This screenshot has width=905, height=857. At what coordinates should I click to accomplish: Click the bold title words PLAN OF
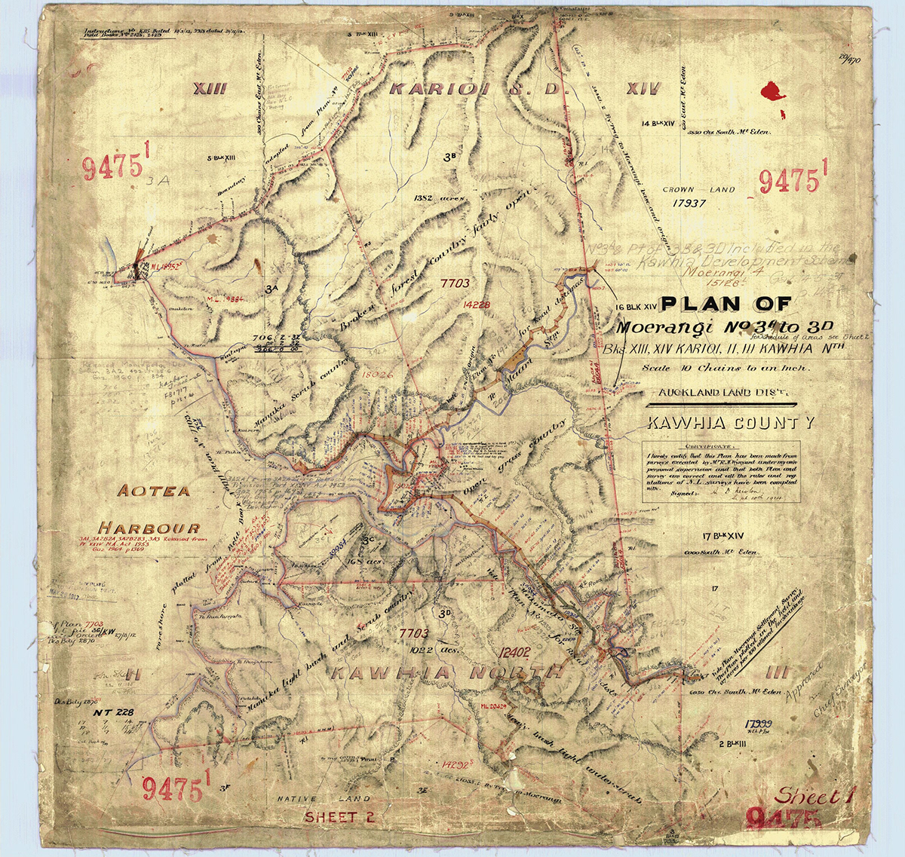click(x=726, y=305)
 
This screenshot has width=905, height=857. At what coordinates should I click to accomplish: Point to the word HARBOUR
click(x=152, y=528)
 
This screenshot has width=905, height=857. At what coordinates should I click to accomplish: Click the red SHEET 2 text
click(x=339, y=816)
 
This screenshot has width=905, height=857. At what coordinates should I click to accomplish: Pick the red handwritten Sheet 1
click(x=810, y=796)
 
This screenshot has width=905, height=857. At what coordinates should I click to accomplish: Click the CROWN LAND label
click(x=698, y=191)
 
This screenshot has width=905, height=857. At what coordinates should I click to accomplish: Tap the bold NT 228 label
click(x=114, y=712)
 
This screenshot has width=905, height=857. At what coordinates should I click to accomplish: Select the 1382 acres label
click(x=437, y=197)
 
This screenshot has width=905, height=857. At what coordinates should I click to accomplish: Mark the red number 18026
click(x=378, y=373)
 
